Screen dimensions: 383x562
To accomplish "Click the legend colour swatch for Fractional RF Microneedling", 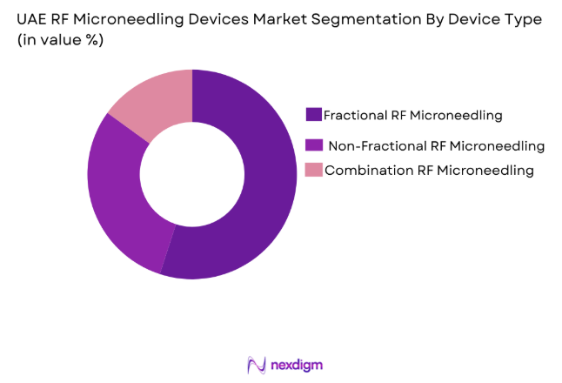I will [313, 114].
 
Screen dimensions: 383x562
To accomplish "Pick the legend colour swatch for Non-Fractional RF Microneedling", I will [315, 144].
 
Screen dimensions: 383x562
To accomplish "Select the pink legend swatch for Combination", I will [317, 171].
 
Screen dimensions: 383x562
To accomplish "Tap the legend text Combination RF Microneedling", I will [429, 171].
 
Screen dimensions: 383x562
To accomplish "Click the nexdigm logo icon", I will [255, 364].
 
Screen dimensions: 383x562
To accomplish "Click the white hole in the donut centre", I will [192, 174].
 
